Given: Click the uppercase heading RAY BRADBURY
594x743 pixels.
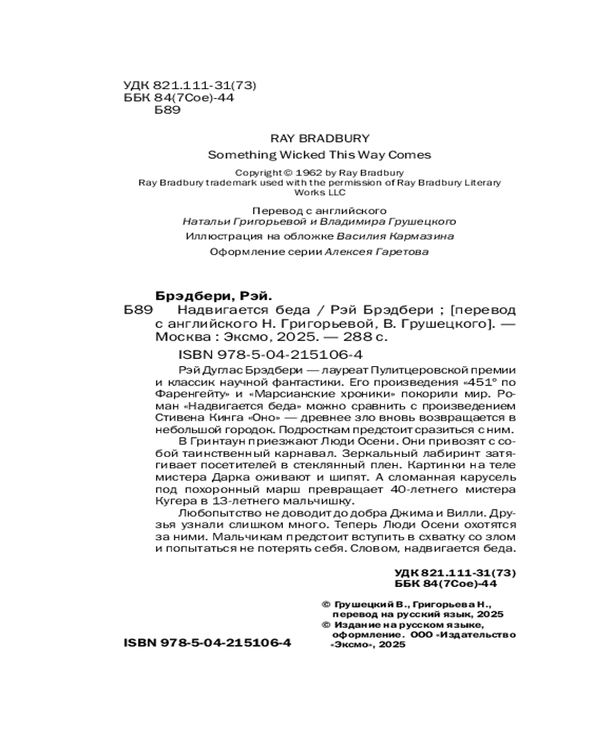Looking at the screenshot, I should [320, 137].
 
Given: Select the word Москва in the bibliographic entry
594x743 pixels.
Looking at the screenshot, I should [179, 337].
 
